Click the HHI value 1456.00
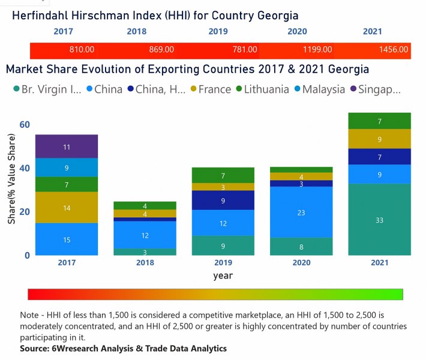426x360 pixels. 394,50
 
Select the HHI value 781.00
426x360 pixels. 245,50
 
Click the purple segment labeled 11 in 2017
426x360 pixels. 67,146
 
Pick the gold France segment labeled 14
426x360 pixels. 67,208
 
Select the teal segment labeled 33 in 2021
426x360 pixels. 379,220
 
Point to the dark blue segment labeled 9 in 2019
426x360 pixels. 223,200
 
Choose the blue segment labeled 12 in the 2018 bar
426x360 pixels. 145,235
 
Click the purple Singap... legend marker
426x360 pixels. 354,89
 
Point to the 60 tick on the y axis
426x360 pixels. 24,125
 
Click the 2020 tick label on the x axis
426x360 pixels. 301,263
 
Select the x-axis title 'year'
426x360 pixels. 223,276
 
